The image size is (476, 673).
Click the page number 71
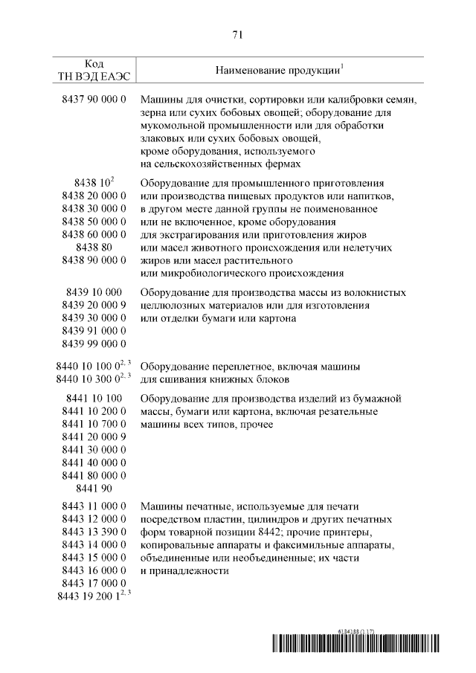238,34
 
